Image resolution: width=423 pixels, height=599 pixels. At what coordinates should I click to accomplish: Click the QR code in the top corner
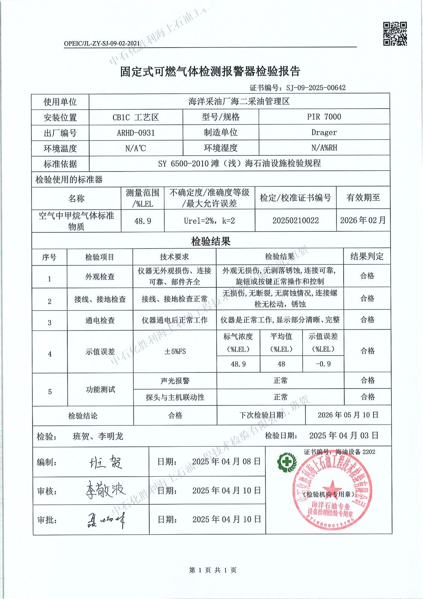pos(395,34)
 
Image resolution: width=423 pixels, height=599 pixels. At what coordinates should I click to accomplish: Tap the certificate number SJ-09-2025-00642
pos(316,88)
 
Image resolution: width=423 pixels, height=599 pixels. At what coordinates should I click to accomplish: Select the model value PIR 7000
pos(324,117)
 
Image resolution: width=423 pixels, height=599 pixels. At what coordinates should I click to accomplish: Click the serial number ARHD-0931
pos(136,133)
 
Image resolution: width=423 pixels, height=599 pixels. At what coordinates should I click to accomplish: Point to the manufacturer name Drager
pos(324,133)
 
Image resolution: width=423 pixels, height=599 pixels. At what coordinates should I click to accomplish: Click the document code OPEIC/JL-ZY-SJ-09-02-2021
pos(102,43)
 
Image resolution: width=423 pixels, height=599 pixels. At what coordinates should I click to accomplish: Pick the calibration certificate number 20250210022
pos(295,220)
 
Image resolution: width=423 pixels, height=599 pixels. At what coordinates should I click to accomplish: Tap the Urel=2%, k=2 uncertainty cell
pos(209,221)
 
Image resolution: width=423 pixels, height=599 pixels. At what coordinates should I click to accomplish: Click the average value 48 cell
pos(281,364)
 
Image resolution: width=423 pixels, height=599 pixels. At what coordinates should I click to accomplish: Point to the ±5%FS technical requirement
pos(175,352)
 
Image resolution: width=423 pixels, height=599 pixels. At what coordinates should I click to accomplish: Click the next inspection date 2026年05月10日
pos(348,415)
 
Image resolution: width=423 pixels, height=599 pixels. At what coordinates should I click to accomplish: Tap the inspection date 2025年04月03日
pos(344,435)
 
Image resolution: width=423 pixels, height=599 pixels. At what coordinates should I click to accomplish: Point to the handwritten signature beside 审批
pos(106,520)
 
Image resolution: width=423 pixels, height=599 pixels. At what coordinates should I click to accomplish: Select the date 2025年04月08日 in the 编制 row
pos(226,462)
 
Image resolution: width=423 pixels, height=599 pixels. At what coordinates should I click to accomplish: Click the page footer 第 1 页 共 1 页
pos(213,570)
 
